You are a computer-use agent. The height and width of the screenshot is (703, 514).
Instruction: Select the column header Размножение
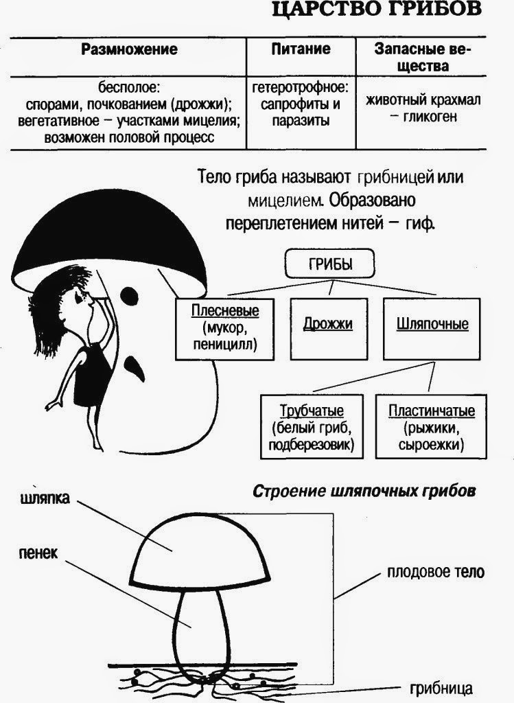pos(129,50)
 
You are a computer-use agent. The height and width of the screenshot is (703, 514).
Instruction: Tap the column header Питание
pos(300,49)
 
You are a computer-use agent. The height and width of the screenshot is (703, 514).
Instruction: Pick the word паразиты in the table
pos(300,121)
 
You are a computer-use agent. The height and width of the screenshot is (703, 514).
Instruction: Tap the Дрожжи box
pos(328,323)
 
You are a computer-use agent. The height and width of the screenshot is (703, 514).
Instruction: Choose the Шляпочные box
pos(432,323)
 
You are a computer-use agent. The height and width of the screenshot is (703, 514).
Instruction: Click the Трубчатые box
pos(312,428)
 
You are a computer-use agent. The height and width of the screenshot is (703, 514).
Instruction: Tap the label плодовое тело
pos(435,571)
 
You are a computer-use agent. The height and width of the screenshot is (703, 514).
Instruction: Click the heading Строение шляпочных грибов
pos(364,492)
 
